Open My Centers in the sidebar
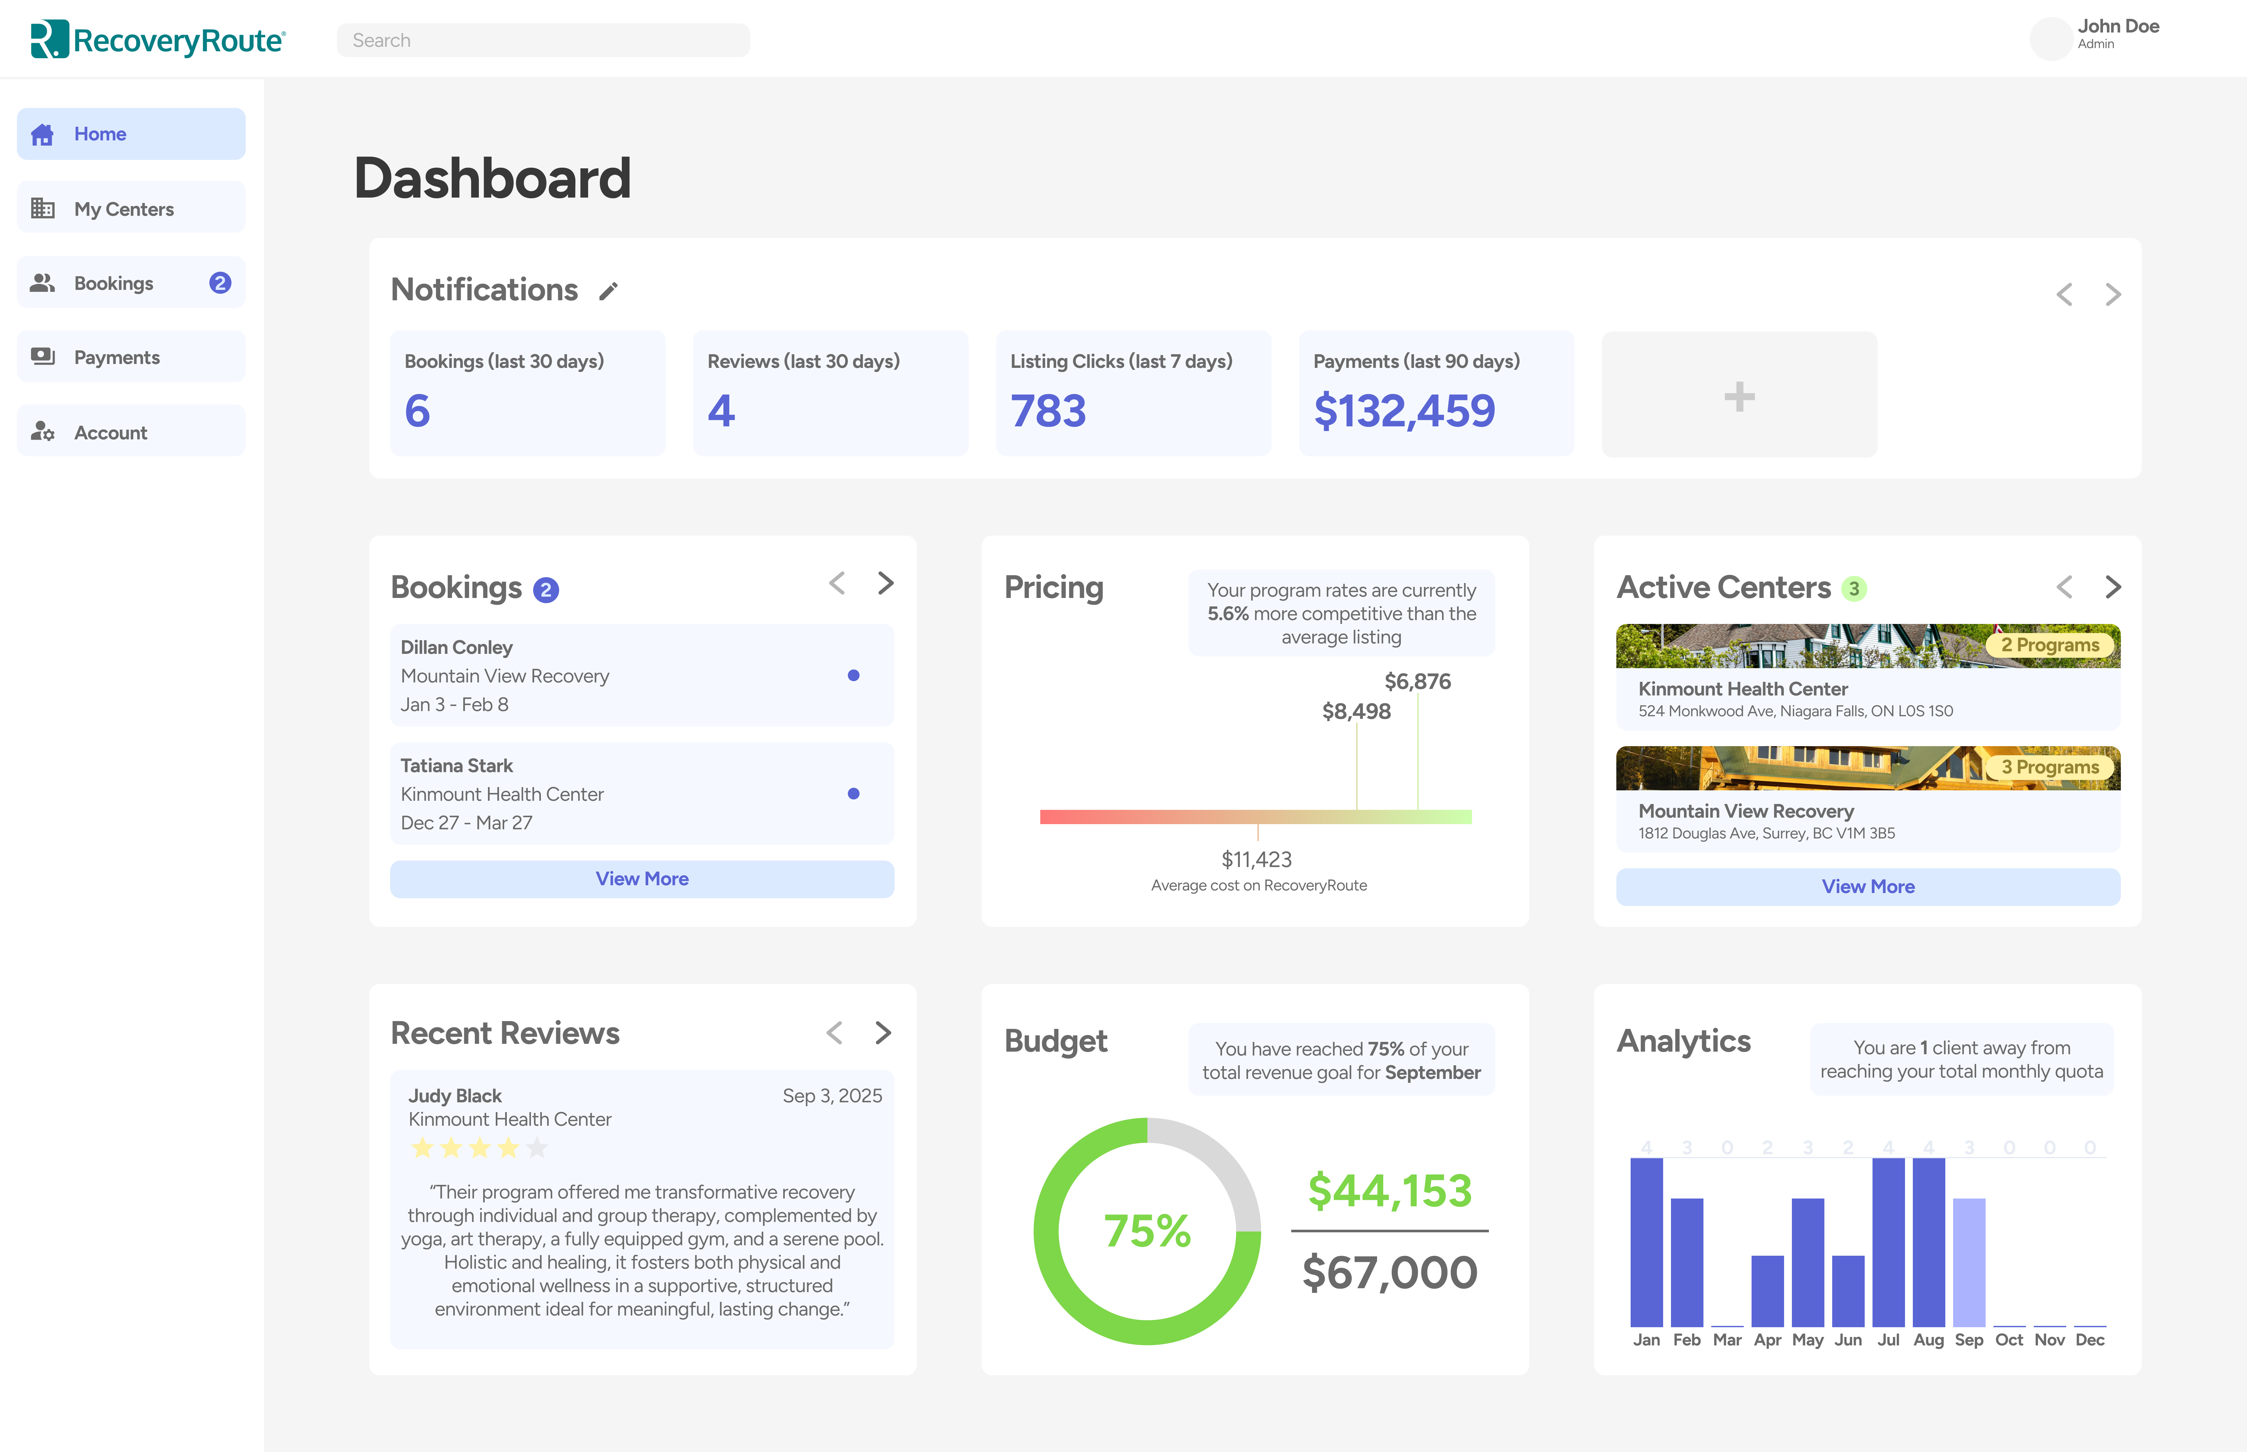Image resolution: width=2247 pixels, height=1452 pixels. (131, 208)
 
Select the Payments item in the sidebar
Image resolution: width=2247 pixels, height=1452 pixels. (131, 357)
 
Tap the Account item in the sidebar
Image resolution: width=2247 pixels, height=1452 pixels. (131, 432)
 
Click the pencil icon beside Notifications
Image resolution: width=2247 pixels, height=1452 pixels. (608, 292)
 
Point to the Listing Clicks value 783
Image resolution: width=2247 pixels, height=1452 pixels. (1048, 411)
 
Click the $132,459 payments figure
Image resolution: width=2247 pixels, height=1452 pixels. (1404, 411)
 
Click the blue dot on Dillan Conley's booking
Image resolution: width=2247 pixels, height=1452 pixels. (853, 675)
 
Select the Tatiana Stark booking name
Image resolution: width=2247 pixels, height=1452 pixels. (456, 766)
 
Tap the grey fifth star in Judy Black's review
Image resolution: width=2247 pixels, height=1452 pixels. (537, 1148)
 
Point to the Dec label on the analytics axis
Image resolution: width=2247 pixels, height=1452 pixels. (2090, 1340)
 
